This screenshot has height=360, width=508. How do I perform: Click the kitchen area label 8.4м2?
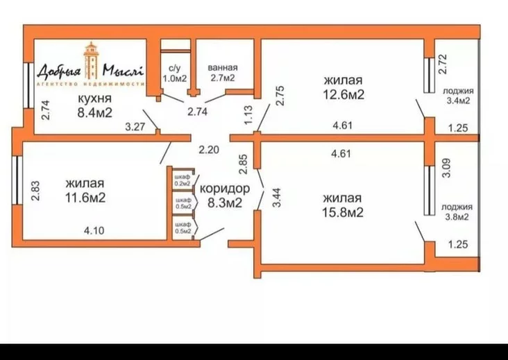pyautogui.click(x=94, y=112)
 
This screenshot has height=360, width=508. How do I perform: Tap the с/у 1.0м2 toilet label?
pyautogui.click(x=175, y=73)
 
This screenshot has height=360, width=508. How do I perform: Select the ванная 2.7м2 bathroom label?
pyautogui.click(x=223, y=73)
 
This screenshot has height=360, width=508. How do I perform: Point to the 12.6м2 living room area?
pyautogui.click(x=344, y=94)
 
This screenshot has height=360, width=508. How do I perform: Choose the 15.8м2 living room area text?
pyautogui.click(x=342, y=212)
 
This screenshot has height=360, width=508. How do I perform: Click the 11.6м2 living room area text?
pyautogui.click(x=85, y=197)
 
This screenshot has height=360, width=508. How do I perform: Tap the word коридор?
pyautogui.click(x=225, y=189)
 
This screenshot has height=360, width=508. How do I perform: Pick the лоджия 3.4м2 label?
pyautogui.click(x=458, y=96)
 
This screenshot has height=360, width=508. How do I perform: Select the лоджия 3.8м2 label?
pyautogui.click(x=457, y=212)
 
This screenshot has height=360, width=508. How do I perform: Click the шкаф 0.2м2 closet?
pyautogui.click(x=183, y=180)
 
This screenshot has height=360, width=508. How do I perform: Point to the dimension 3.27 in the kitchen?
pyautogui.click(x=135, y=126)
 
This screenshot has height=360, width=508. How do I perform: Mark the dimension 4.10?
pyautogui.click(x=94, y=231)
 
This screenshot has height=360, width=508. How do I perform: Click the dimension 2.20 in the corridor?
pyautogui.click(x=209, y=150)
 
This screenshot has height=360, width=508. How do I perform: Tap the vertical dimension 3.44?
pyautogui.click(x=276, y=198)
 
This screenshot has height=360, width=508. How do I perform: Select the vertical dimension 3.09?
pyautogui.click(x=446, y=168)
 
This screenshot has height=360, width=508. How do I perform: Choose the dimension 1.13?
pyautogui.click(x=248, y=115)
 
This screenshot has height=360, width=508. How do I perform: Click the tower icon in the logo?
pyautogui.click(x=91, y=60)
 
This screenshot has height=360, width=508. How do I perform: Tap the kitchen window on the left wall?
pyautogui.click(x=28, y=85)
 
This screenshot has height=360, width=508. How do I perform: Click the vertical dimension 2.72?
pyautogui.click(x=442, y=64)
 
